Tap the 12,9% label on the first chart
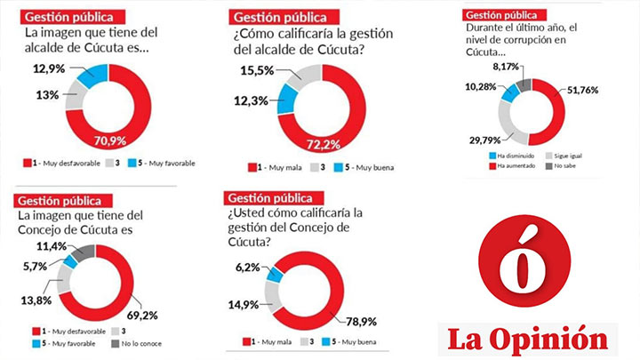(x=49, y=68)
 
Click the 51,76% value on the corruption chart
(x=586, y=89)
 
